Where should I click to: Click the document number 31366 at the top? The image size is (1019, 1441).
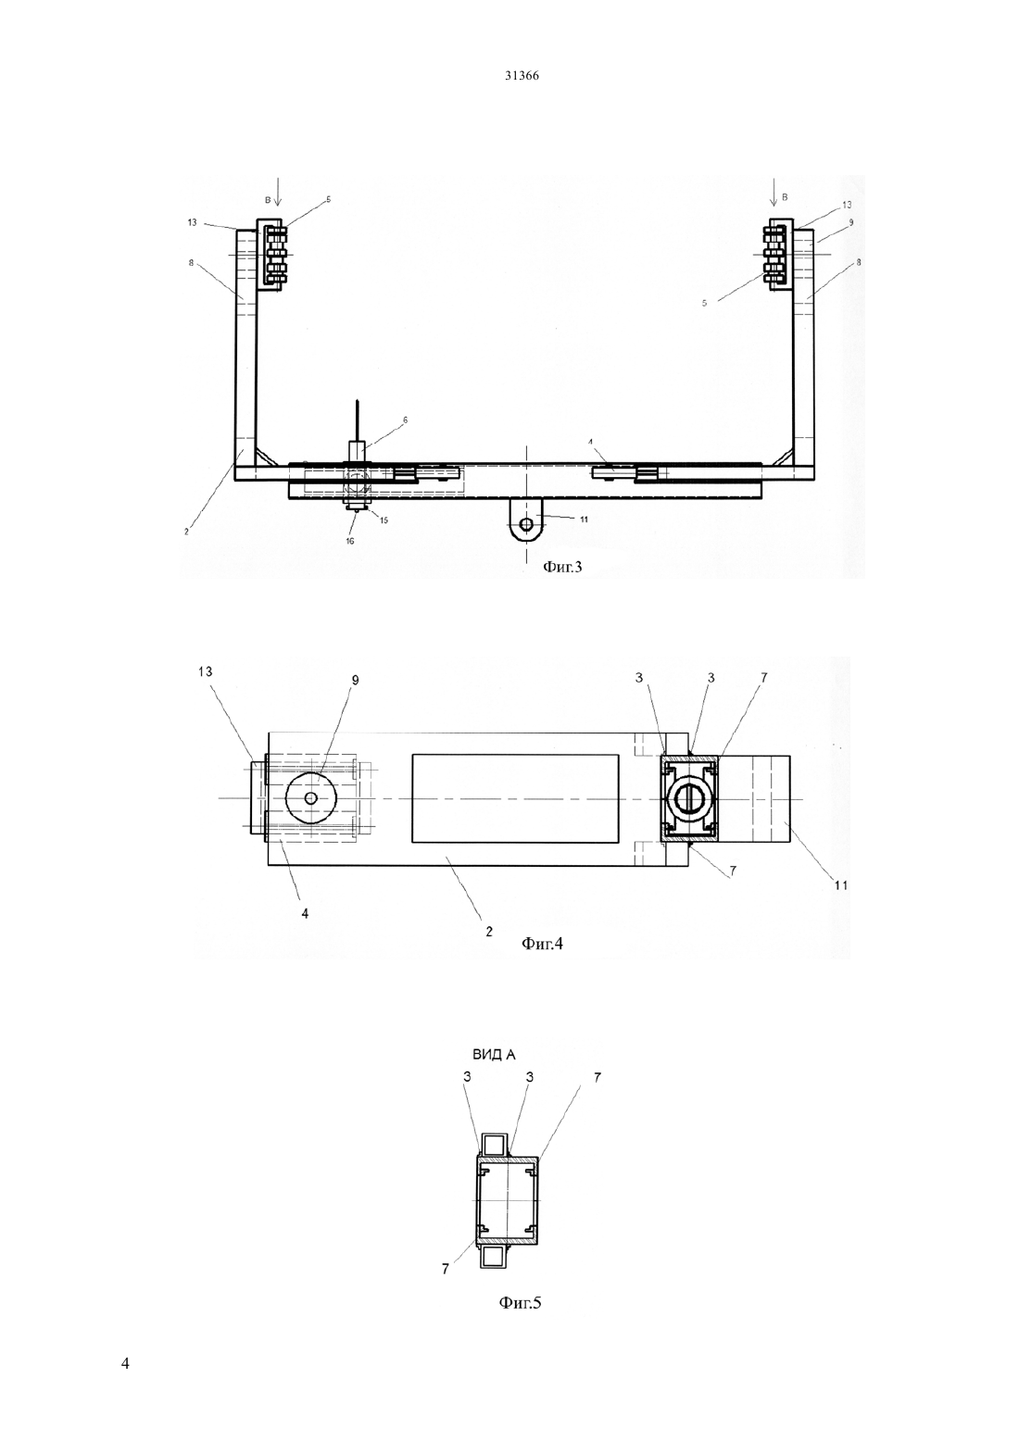[x=522, y=76]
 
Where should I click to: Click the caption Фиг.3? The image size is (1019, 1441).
[x=562, y=567]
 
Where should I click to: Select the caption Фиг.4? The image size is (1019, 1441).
[x=542, y=944]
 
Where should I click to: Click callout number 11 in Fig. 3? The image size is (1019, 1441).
[x=584, y=520]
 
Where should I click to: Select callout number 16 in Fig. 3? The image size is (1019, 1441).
[x=350, y=541]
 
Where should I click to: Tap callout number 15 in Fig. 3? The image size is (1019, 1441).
[x=384, y=520]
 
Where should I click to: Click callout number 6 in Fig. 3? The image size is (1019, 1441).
[x=406, y=420]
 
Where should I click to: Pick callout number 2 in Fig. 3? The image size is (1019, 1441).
[x=186, y=532]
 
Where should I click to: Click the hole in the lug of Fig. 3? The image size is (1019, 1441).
[x=526, y=523]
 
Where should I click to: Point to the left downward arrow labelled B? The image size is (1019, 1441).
[x=277, y=193]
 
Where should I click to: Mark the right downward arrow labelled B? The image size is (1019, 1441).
[x=774, y=193]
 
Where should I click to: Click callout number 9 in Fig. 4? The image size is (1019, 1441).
[x=356, y=680]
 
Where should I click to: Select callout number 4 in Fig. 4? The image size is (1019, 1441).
[x=305, y=912]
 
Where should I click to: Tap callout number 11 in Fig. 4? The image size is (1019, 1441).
[x=841, y=885]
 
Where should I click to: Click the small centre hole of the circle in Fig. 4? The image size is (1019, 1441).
[x=311, y=798]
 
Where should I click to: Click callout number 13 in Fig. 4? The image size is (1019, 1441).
[x=206, y=671]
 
